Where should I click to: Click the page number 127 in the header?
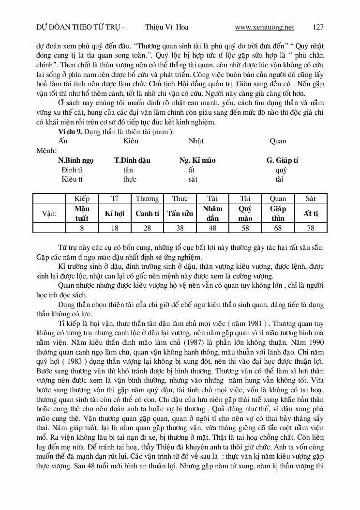pos(318,27)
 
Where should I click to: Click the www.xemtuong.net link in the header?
pos(264,27)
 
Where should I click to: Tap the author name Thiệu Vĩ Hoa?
pos(166,27)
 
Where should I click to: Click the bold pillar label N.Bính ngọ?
pos(76,160)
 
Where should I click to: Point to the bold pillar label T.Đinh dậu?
pos(132,160)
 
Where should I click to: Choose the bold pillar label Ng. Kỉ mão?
pos(197,160)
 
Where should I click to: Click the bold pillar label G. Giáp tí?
pos(282,160)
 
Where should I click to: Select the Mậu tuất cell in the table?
pos(82,213)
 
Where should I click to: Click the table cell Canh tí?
pos(147,213)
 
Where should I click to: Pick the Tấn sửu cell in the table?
pos(180,213)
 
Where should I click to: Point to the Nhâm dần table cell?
pos(212,213)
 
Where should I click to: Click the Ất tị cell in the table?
pos(311,213)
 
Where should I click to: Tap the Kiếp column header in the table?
pos(82,199)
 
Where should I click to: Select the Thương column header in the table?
pos(147,199)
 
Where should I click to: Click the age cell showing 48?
pos(212,228)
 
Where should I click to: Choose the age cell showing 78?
pos(311,228)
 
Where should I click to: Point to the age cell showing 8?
pos(82,228)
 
